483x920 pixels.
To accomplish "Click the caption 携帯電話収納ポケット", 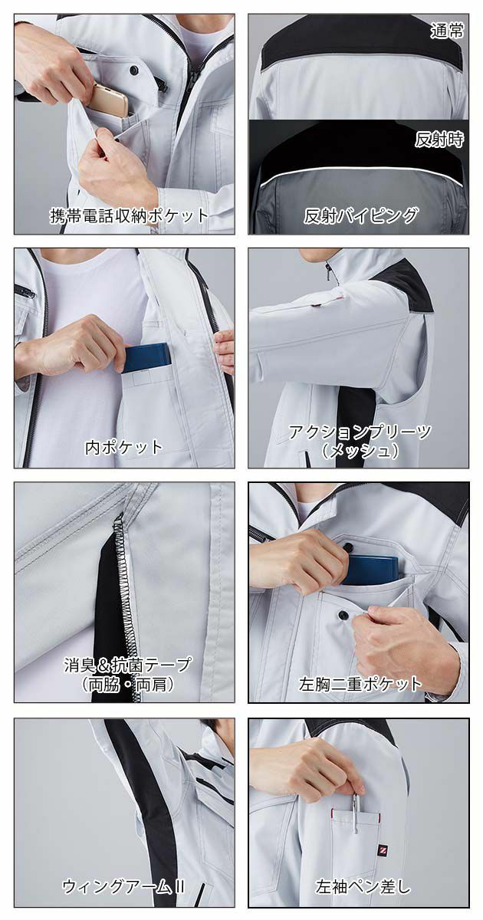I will [129, 215].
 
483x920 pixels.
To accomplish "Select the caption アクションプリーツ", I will [360, 431].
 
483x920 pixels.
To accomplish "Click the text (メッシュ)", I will [360, 451].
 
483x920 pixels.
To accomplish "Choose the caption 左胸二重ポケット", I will [360, 682].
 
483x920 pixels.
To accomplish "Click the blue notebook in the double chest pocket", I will [372, 568].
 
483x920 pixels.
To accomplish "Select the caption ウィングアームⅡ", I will [124, 886].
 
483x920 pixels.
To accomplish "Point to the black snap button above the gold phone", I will [135, 71].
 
